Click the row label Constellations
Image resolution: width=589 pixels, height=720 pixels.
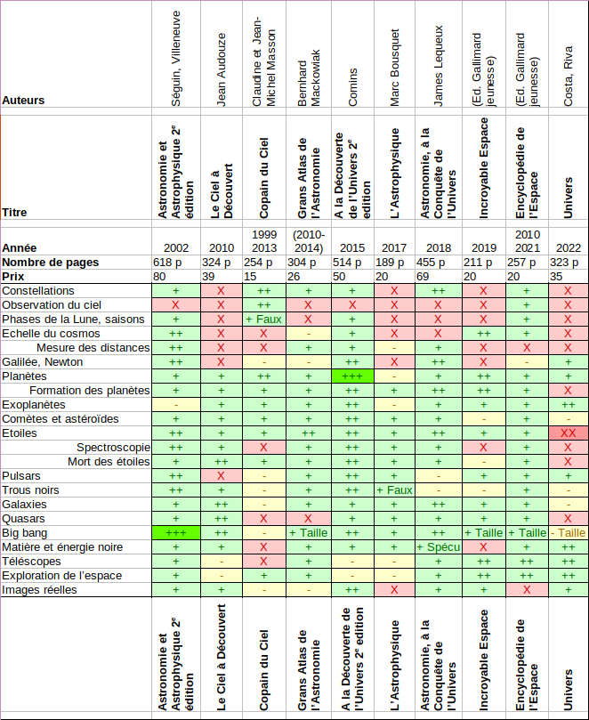38,291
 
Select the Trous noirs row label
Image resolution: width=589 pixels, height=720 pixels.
31,490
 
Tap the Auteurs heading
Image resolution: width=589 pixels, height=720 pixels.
23,101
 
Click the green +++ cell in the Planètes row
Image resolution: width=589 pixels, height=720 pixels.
352,376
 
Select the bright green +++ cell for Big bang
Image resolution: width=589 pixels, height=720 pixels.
175,533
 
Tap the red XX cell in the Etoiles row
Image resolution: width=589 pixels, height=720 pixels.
567,433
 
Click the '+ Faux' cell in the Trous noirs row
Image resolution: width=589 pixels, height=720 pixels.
395,490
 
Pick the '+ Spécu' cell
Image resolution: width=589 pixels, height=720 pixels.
439,546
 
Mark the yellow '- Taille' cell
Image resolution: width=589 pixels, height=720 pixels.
567,533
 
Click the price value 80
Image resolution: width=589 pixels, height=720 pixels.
159,277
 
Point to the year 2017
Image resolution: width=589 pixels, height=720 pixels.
395,247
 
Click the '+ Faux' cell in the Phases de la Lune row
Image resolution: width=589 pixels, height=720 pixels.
263,320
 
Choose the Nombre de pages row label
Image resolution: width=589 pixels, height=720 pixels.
50,263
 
